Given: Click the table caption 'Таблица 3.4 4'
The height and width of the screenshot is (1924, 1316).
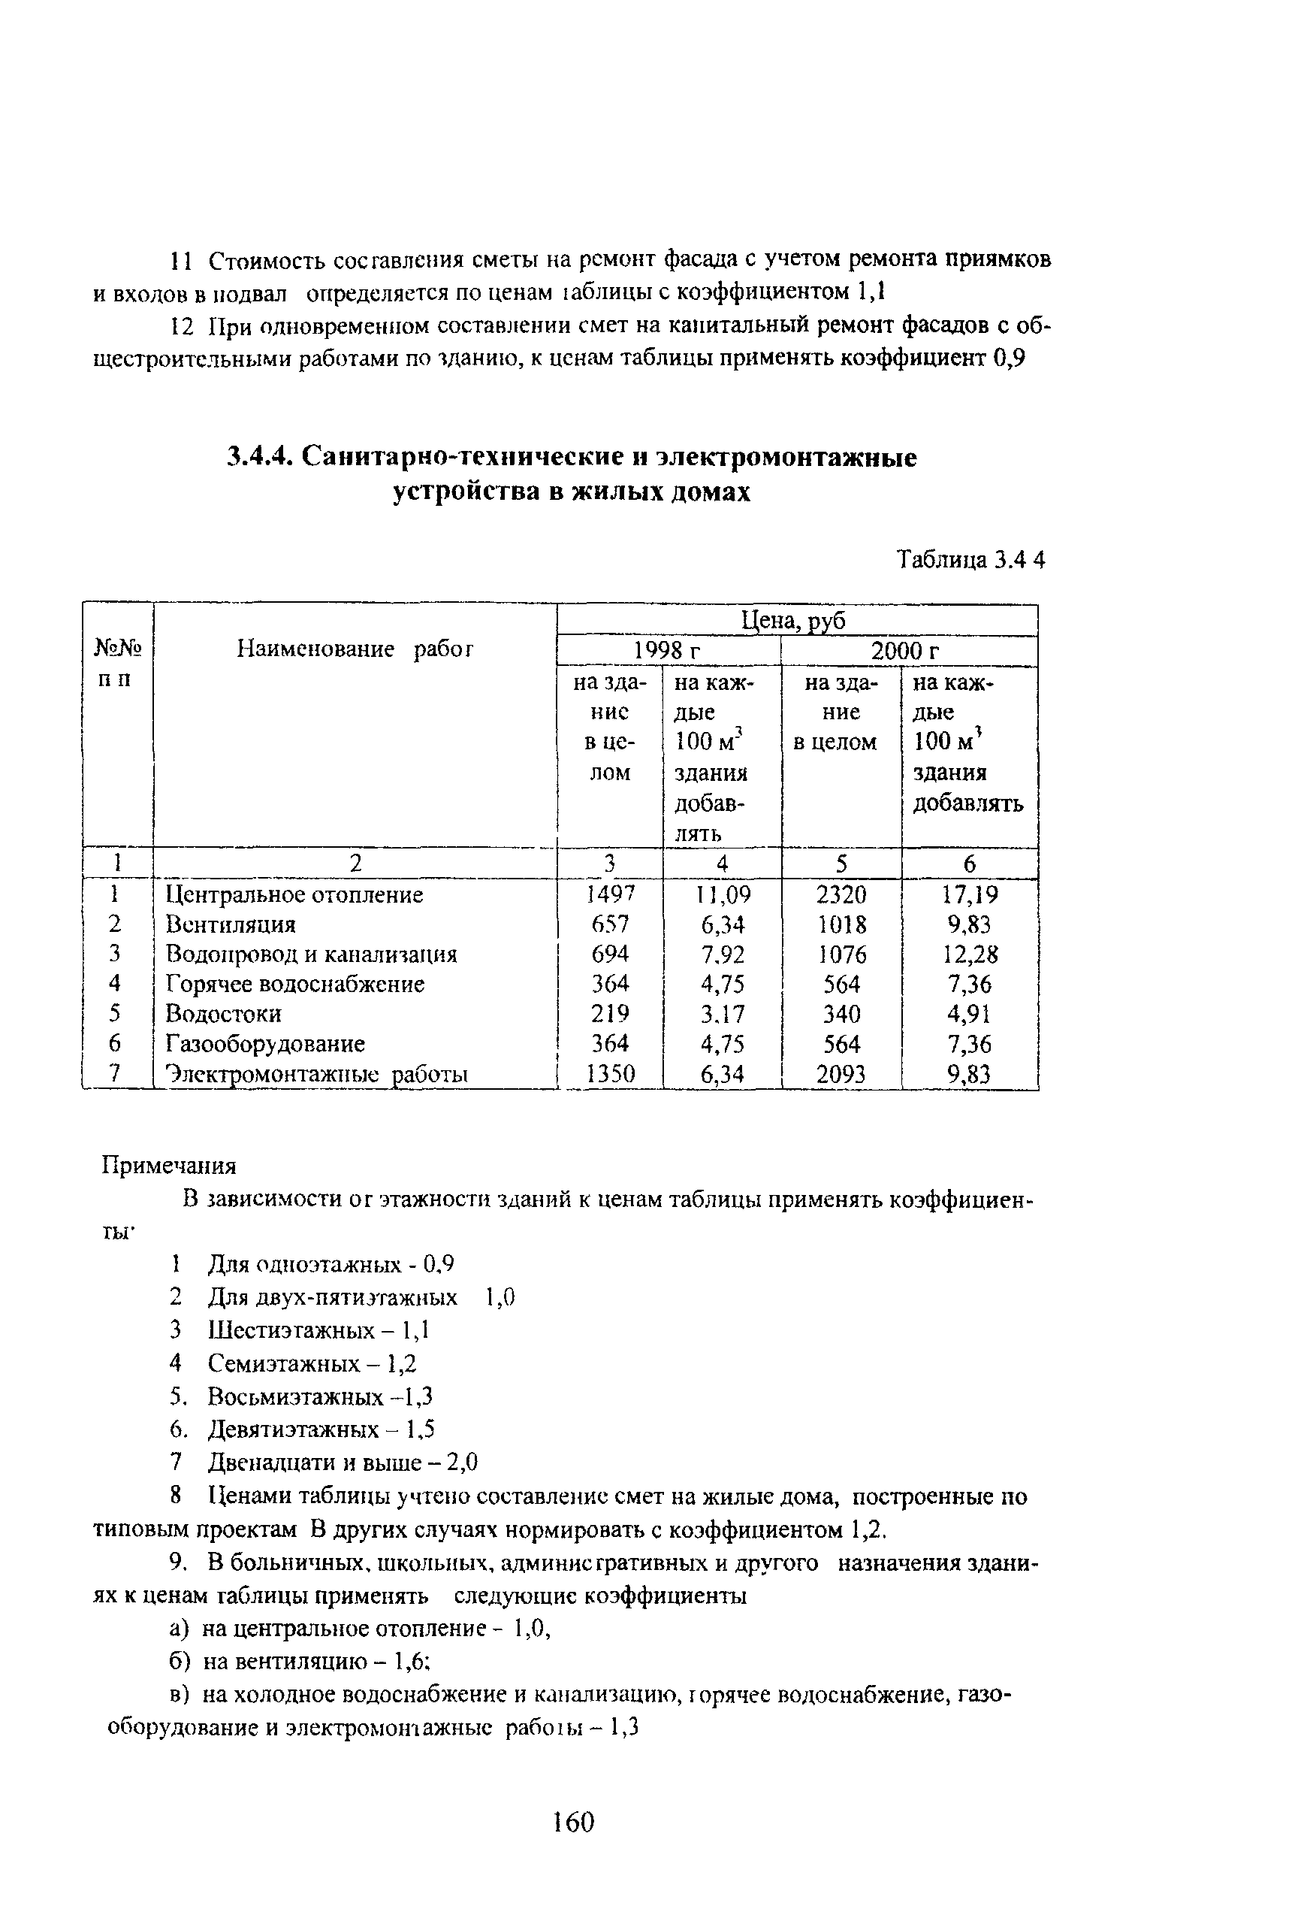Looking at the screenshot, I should [x=971, y=561].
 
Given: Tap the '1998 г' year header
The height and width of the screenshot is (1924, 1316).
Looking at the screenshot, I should [x=667, y=652].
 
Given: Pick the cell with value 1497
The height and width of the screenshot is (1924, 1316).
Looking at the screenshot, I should [x=610, y=894].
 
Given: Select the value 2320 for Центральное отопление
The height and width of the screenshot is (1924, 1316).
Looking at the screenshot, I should [x=841, y=894].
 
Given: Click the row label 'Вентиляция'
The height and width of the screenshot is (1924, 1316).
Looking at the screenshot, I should [x=230, y=924].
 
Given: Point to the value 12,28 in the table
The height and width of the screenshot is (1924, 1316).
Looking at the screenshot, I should [x=970, y=954].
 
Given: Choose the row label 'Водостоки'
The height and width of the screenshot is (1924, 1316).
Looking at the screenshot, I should [x=224, y=1014].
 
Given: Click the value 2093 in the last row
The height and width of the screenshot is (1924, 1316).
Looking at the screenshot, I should [x=841, y=1075].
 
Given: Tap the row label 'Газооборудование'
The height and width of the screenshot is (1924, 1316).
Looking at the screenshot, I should [x=265, y=1044].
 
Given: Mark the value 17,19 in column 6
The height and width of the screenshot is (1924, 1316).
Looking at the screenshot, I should [x=970, y=894].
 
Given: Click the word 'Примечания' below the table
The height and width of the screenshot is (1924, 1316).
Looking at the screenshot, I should [x=169, y=1166].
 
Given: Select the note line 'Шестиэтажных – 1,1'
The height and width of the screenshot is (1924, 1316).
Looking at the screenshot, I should [x=318, y=1330].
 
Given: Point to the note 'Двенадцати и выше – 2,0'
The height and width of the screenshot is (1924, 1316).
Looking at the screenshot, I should [x=342, y=1463].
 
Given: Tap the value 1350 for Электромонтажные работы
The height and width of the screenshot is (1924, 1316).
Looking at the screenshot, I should [x=610, y=1075].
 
